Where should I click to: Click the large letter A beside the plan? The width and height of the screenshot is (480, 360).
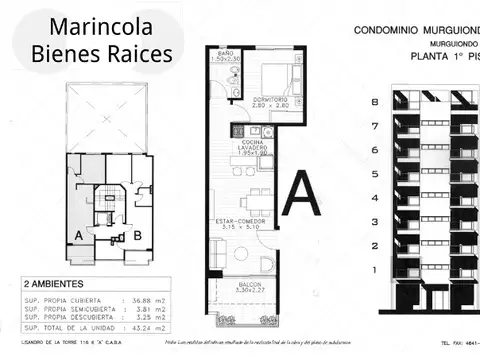pyautogui.click(x=303, y=194)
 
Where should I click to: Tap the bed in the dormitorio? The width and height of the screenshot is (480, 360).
pyautogui.click(x=276, y=76)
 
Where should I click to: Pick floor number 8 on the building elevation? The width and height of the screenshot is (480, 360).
pyautogui.click(x=373, y=102)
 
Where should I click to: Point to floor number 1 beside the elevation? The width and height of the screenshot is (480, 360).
pyautogui.click(x=373, y=270)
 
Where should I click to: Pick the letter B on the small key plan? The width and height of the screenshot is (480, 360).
pyautogui.click(x=138, y=236)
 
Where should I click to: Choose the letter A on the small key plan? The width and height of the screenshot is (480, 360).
pyautogui.click(x=77, y=236)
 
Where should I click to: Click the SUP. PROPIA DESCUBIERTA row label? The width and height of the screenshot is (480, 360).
pyautogui.click(x=60, y=318)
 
